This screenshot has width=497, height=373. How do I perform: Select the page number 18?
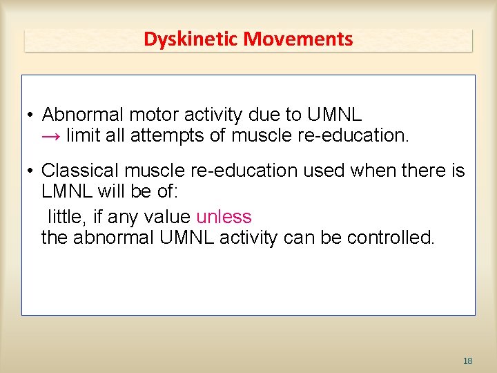467,361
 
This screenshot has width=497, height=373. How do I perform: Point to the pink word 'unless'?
224,217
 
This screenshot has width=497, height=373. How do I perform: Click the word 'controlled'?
391,238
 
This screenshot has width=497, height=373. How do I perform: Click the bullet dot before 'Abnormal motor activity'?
32,115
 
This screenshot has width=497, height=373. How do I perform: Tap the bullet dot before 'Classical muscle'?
32,171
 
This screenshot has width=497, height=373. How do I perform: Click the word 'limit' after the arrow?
84,135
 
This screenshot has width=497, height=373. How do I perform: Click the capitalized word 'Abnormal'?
82,114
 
